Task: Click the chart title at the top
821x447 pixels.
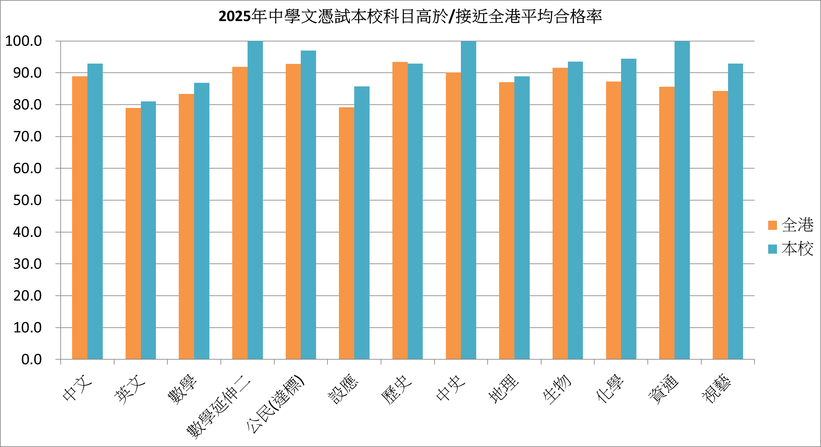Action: coord(410,16)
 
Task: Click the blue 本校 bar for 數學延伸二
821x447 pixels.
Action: coord(255,200)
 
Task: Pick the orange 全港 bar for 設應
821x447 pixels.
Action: coord(346,233)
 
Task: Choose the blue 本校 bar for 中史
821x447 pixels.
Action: coord(468,200)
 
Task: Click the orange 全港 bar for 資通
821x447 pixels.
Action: coord(667,223)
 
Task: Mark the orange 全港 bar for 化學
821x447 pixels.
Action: coord(614,220)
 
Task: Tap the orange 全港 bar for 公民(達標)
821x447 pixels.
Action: coord(293,212)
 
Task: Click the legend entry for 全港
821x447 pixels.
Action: coord(791,225)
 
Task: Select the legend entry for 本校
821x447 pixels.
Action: coord(791,249)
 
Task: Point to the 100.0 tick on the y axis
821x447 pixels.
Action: coord(24,41)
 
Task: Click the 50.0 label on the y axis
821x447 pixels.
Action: coord(27,200)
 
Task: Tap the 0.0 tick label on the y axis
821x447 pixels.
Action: coord(32,359)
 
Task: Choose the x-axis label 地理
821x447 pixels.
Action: coord(504,388)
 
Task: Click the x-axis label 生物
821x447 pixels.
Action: coord(557,389)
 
